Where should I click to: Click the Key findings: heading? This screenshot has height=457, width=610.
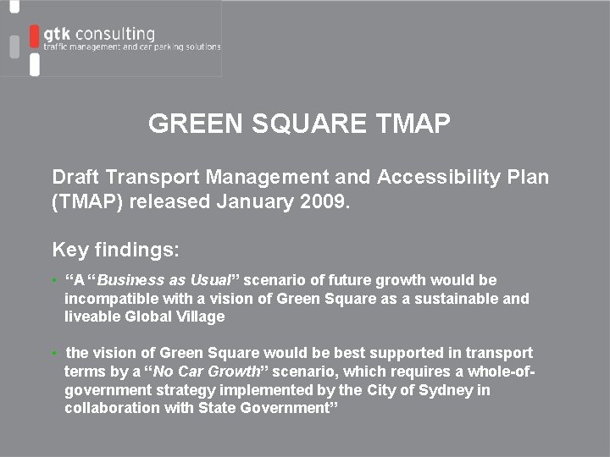[x=116, y=250]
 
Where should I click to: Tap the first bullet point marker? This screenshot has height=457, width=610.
[x=55, y=280]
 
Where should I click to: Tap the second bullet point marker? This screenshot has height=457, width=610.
[x=55, y=353]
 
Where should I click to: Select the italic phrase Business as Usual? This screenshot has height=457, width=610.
[x=169, y=280]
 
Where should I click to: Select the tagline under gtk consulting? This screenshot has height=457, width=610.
[x=132, y=47]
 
